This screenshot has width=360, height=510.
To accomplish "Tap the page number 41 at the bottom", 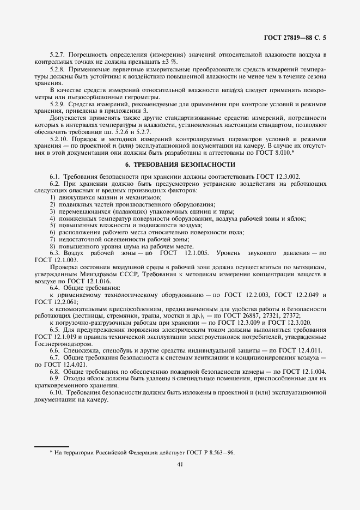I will [180, 464].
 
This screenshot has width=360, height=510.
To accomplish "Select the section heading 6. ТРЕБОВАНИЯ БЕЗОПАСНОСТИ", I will [179, 164].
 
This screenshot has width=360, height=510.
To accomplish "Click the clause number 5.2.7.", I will [57, 56].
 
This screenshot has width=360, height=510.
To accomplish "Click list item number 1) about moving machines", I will [52, 197].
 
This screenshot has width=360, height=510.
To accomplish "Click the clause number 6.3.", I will [55, 253].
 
